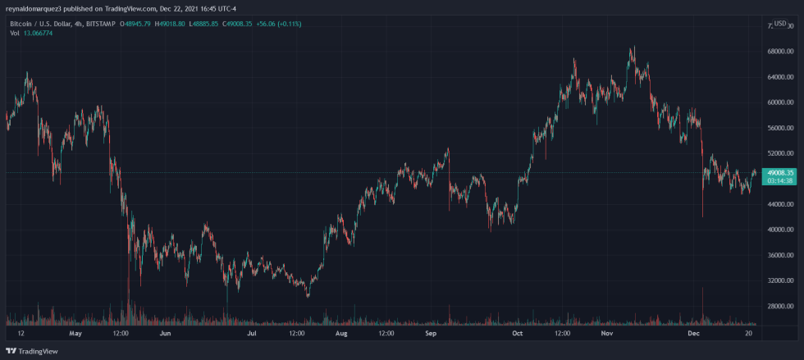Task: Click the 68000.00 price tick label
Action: coord(778,52)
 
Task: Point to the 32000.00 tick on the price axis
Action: coord(778,280)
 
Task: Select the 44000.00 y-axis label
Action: coord(778,204)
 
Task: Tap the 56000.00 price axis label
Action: coord(778,128)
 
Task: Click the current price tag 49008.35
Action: coord(779,173)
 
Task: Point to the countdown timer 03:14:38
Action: coord(779,181)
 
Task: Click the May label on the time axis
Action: coord(76,335)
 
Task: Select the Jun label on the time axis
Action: coord(165,335)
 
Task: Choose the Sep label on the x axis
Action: coord(430,335)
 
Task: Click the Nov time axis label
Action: coord(606,335)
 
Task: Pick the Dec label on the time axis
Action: coord(693,335)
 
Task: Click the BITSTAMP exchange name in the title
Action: coord(101,25)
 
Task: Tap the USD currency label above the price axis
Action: coord(779,25)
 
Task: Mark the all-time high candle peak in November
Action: coord(633,48)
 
